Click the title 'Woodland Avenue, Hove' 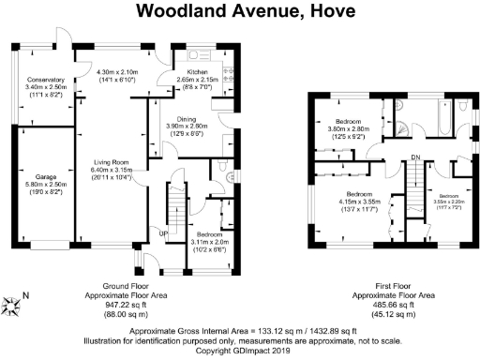pos(240,13)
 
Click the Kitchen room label pos(197,72)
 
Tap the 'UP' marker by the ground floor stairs pos(162,234)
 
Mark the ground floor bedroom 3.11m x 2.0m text pos(207,241)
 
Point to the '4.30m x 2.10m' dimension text pos(118,72)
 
